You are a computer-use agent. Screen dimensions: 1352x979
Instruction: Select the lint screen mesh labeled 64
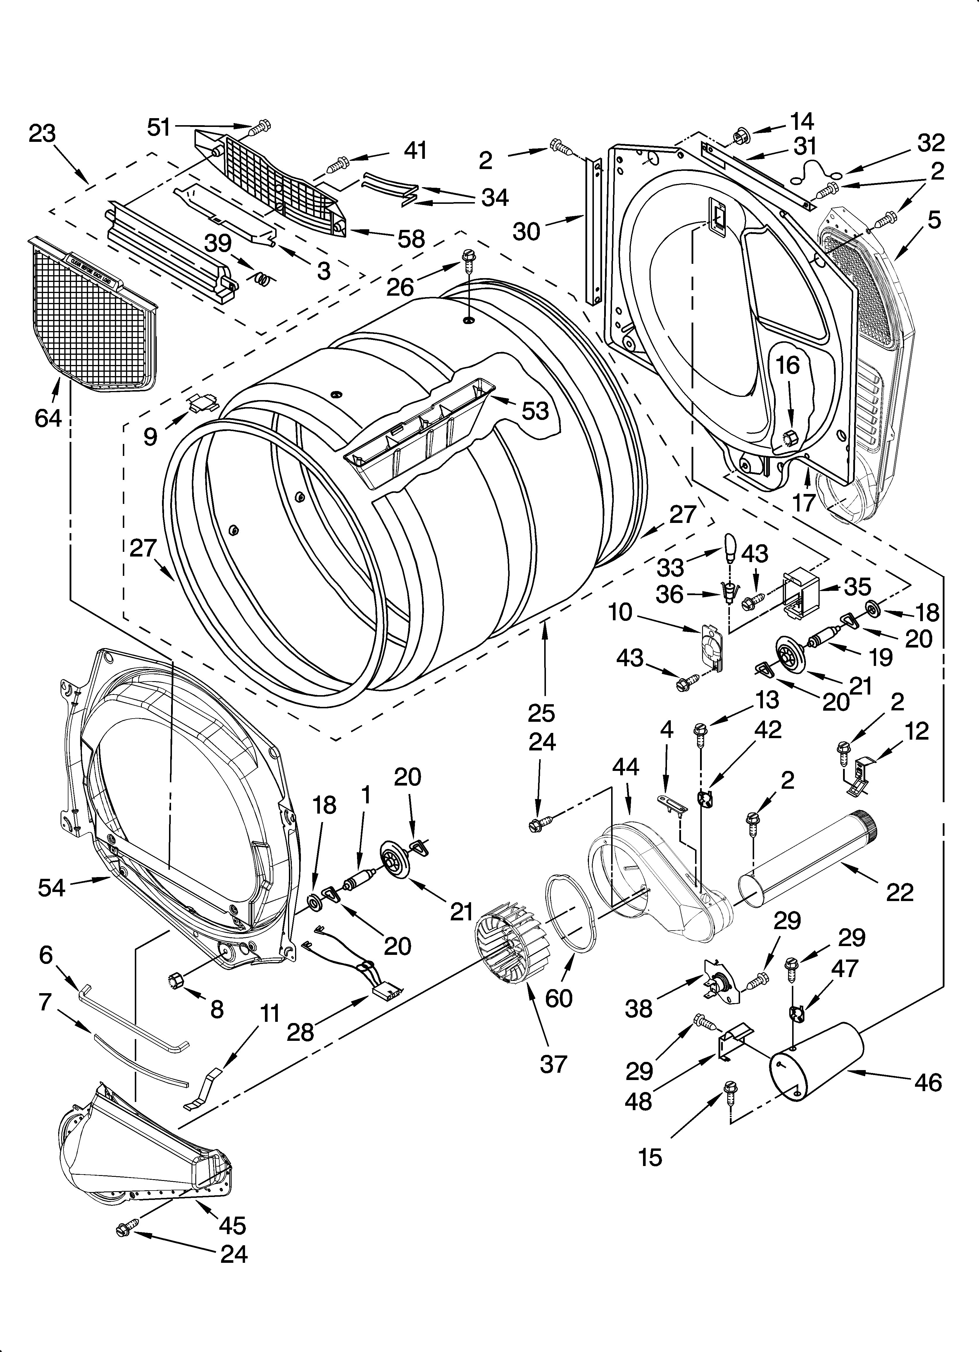click(89, 316)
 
